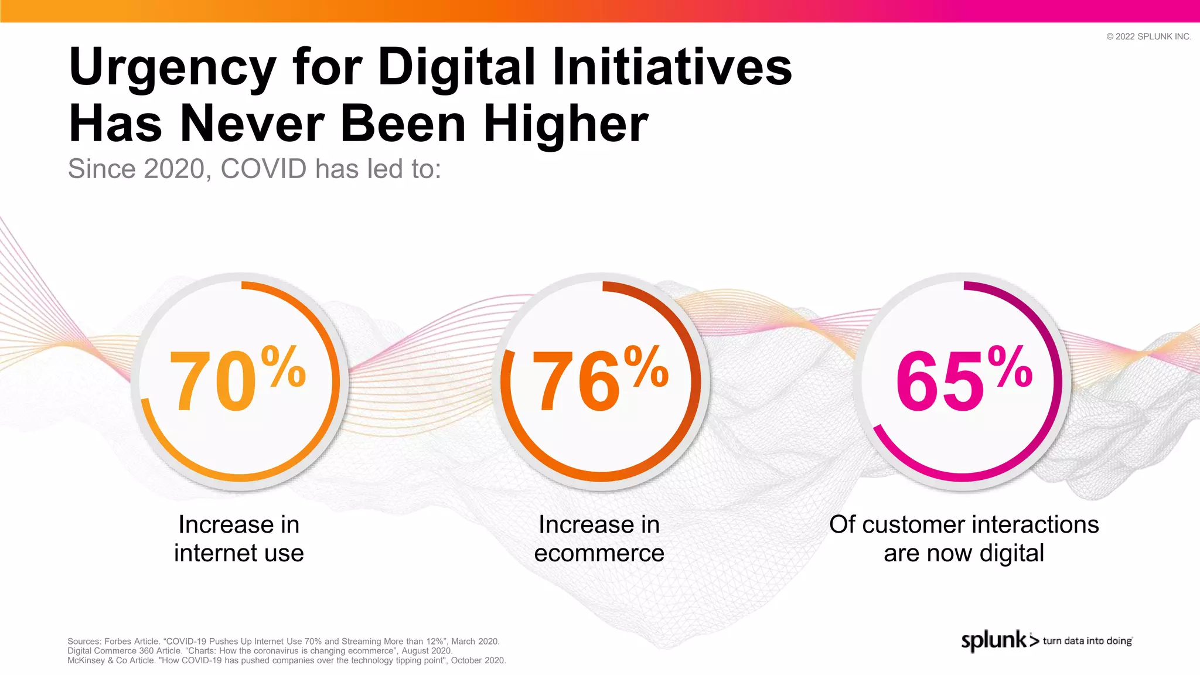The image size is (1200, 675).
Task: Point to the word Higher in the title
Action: point(565,124)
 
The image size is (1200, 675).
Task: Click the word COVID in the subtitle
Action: point(264,169)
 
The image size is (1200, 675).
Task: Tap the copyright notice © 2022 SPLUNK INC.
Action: point(1148,36)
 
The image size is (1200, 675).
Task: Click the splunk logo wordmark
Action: point(994,640)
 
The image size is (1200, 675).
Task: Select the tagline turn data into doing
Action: point(1087,641)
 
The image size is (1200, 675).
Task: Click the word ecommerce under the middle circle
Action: point(599,553)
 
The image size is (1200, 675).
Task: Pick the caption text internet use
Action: point(239,553)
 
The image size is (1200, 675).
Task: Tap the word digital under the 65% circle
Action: point(1012,553)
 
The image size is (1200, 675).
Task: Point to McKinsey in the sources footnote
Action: point(86,660)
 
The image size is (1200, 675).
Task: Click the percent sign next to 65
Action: point(1010,367)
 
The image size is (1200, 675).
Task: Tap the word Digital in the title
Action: point(457,67)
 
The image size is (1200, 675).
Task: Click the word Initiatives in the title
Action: point(671,67)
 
